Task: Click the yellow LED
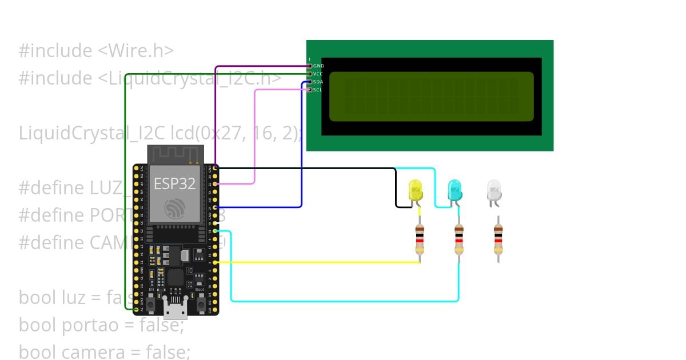point(415,190)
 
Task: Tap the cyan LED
point(454,190)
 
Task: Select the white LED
point(494,190)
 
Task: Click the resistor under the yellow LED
point(420,239)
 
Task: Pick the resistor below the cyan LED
point(458,239)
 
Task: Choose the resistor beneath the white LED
point(498,239)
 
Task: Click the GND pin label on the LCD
point(318,66)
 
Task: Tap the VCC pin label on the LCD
point(318,74)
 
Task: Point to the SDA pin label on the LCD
point(318,82)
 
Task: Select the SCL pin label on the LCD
point(318,90)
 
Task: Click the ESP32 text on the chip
point(174,183)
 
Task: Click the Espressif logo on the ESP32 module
point(174,208)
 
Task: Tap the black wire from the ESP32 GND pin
point(303,168)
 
